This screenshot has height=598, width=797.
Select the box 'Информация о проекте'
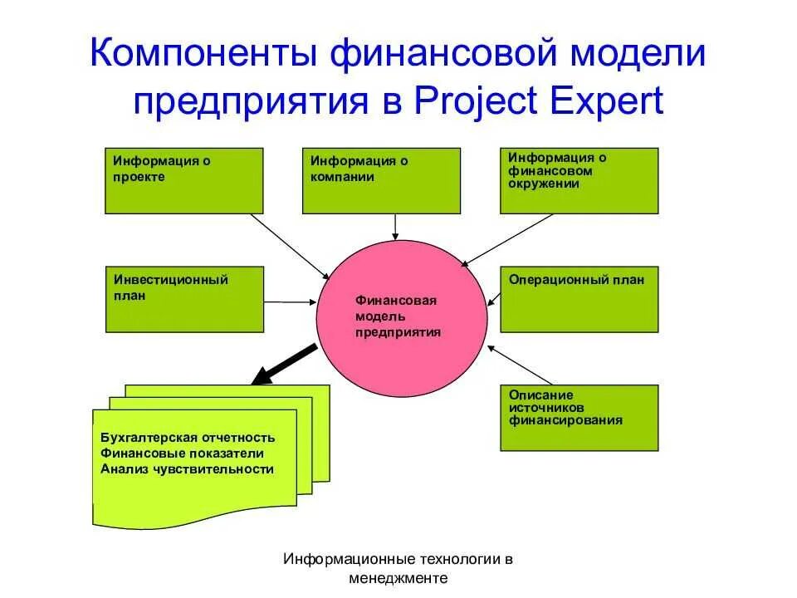click(x=183, y=180)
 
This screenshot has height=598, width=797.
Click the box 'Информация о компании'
click(x=381, y=180)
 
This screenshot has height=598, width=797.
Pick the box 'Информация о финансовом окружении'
click(x=579, y=180)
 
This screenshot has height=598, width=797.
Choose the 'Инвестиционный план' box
click(x=183, y=299)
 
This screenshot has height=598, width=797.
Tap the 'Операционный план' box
click(x=579, y=299)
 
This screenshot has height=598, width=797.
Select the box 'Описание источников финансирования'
click(x=579, y=418)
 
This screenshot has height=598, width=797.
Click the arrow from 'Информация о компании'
click(x=397, y=226)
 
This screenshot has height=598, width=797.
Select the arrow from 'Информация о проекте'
click(x=291, y=246)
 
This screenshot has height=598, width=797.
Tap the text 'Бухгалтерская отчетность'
click(x=187, y=438)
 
